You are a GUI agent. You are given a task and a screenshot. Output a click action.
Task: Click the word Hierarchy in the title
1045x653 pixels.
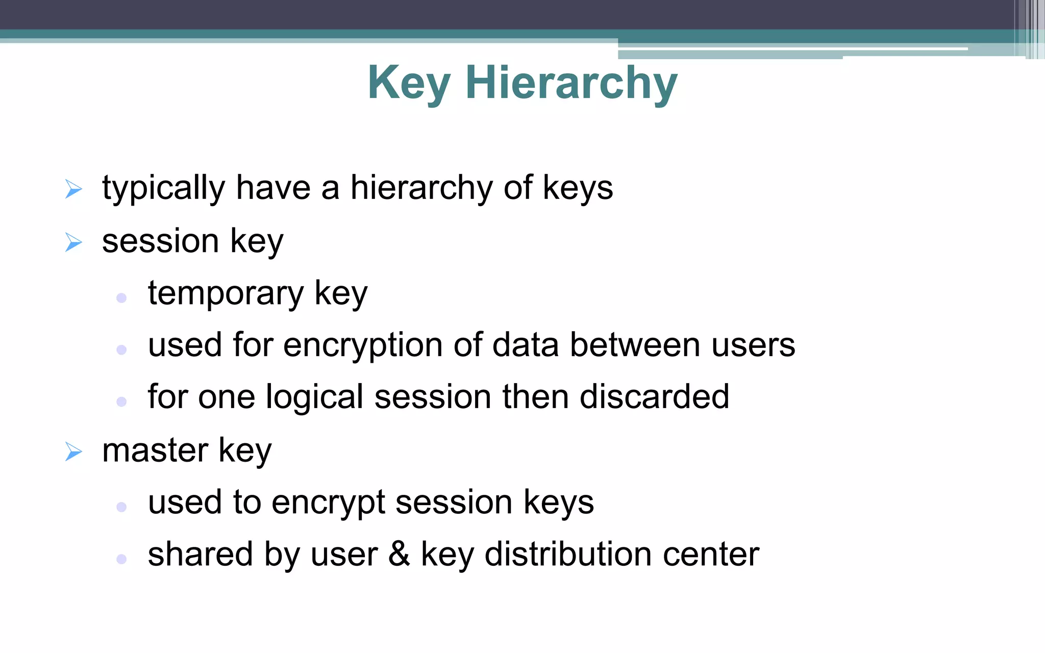tap(571, 83)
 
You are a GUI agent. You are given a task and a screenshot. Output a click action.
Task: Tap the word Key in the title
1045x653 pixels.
tap(409, 83)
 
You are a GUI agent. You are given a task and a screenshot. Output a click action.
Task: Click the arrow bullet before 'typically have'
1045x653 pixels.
tap(74, 189)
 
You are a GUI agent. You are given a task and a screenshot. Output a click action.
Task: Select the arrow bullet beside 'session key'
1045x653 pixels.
tap(74, 242)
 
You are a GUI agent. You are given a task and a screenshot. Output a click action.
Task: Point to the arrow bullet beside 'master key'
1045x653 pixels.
tap(74, 452)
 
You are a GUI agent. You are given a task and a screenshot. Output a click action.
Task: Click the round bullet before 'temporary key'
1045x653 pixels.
tap(121, 298)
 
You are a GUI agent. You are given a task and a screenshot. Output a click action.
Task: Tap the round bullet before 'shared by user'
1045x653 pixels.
tap(121, 559)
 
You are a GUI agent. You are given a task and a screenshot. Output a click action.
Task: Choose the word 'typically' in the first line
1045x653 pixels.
tap(163, 189)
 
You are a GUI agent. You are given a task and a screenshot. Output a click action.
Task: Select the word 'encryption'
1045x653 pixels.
tap(363, 346)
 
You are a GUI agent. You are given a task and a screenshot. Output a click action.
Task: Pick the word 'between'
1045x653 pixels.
tap(635, 345)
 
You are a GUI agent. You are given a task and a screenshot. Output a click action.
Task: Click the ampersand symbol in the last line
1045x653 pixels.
tap(399, 554)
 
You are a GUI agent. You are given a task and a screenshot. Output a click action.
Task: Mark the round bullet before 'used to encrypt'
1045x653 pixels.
tap(121, 507)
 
